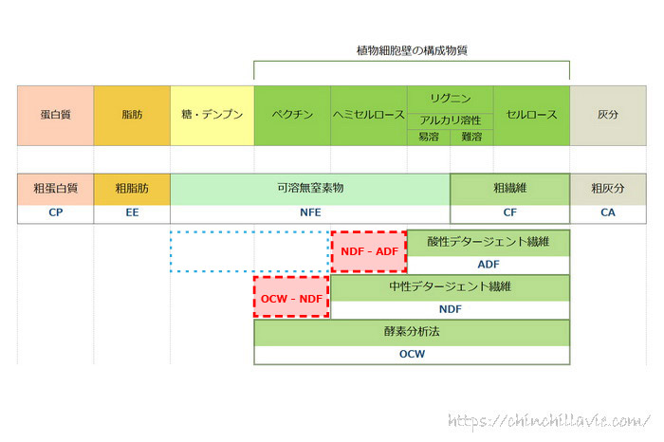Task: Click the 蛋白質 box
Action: pyautogui.click(x=55, y=115)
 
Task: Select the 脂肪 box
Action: pyautogui.click(x=132, y=115)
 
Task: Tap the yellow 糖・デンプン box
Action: pyautogui.click(x=212, y=115)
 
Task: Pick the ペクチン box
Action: pyautogui.click(x=292, y=115)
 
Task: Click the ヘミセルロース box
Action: pyautogui.click(x=368, y=115)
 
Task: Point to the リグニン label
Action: pyautogui.click(x=450, y=98)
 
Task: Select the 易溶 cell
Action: pyautogui.click(x=429, y=137)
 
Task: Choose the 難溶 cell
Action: pyautogui.click(x=471, y=137)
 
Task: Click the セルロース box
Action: pyautogui.click(x=531, y=115)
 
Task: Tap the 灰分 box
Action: pyautogui.click(x=608, y=115)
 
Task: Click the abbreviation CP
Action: pyautogui.click(x=55, y=212)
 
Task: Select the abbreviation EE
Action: pyautogui.click(x=132, y=212)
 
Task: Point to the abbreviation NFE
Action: pyautogui.click(x=310, y=212)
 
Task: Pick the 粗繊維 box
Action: pyautogui.click(x=509, y=189)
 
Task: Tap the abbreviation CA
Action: pyautogui.click(x=608, y=212)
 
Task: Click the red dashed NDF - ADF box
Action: pyautogui.click(x=368, y=251)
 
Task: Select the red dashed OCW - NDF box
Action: pyautogui.click(x=291, y=298)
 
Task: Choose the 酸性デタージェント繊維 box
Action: pyautogui.click(x=488, y=242)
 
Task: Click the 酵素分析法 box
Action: pyautogui.click(x=412, y=333)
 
